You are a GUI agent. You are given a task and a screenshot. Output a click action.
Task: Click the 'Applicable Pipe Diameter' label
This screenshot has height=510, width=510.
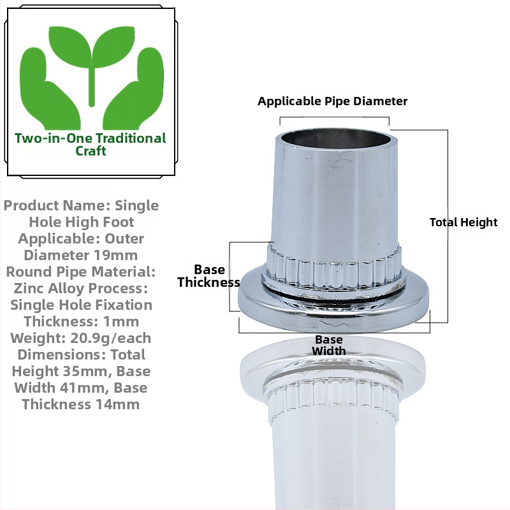tap(332, 101)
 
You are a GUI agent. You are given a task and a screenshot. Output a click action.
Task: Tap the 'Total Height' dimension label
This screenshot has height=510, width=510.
tap(463, 222)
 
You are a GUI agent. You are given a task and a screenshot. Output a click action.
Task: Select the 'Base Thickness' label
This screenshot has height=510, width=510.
tap(209, 276)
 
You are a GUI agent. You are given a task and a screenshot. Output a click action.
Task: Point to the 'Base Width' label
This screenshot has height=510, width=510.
tap(329, 345)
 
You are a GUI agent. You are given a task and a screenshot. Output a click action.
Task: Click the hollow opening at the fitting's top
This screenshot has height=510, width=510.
tap(337, 139)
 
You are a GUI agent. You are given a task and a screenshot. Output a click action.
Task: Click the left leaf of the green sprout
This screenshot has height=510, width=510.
tap(70, 46)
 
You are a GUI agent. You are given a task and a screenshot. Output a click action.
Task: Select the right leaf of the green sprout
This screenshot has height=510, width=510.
tap(113, 46)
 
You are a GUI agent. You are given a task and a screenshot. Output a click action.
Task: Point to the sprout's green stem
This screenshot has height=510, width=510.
tap(92, 85)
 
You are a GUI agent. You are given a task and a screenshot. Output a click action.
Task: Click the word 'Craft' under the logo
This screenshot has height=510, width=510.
tap(91, 151)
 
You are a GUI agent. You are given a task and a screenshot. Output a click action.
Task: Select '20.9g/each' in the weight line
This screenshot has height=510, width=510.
tap(110, 339)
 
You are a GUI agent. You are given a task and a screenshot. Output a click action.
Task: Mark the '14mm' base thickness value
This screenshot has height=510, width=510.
tap(117, 405)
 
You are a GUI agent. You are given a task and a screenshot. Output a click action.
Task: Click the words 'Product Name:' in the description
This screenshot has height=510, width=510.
tap(57, 205)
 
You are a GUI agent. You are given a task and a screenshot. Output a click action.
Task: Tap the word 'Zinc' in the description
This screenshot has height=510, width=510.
tap(29, 289)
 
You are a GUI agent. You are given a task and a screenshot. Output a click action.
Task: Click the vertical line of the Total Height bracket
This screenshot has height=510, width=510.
tap(448, 226)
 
